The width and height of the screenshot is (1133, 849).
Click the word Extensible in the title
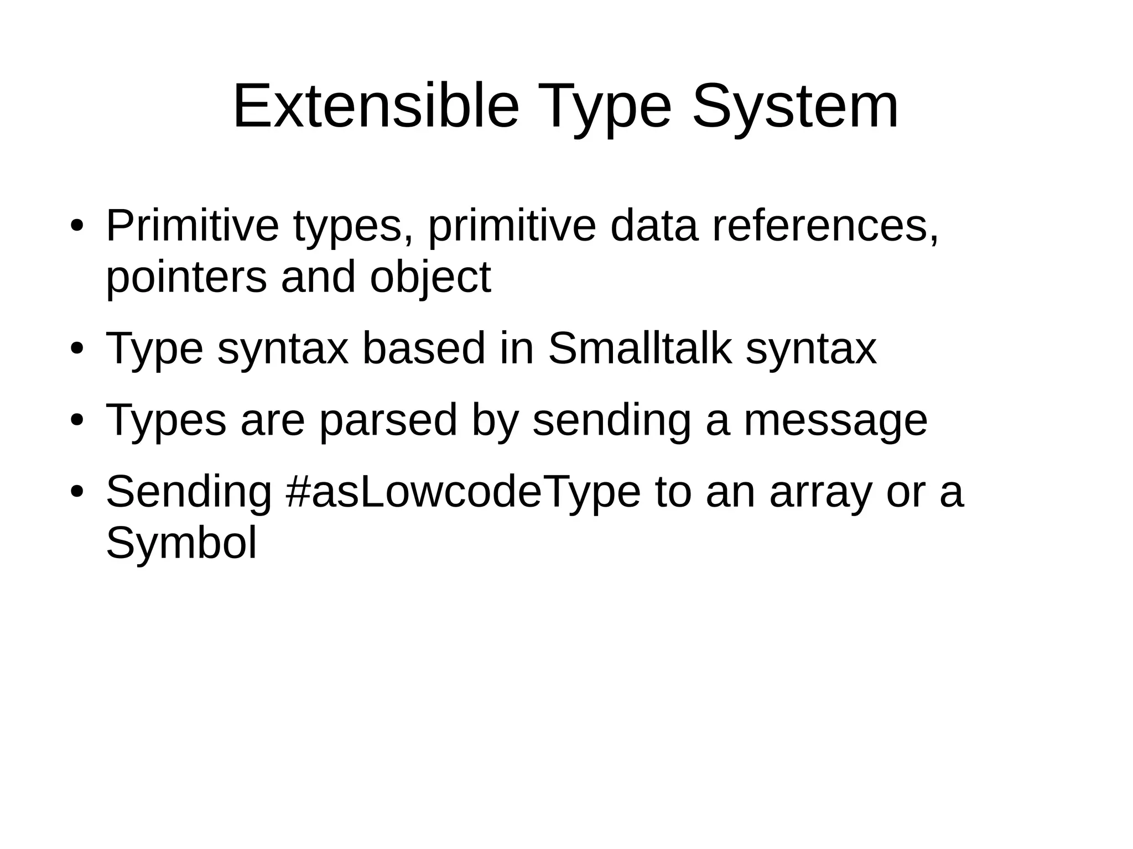[x=376, y=106]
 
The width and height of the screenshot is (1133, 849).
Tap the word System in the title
[x=795, y=106]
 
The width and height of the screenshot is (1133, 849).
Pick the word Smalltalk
[x=640, y=348]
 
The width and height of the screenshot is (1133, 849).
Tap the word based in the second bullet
[x=423, y=348]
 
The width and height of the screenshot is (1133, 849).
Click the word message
[x=835, y=420]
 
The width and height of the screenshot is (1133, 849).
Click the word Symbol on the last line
[x=181, y=543]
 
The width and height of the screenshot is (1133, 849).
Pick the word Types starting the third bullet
[x=166, y=420]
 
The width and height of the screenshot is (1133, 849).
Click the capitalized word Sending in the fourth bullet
[x=189, y=492]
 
